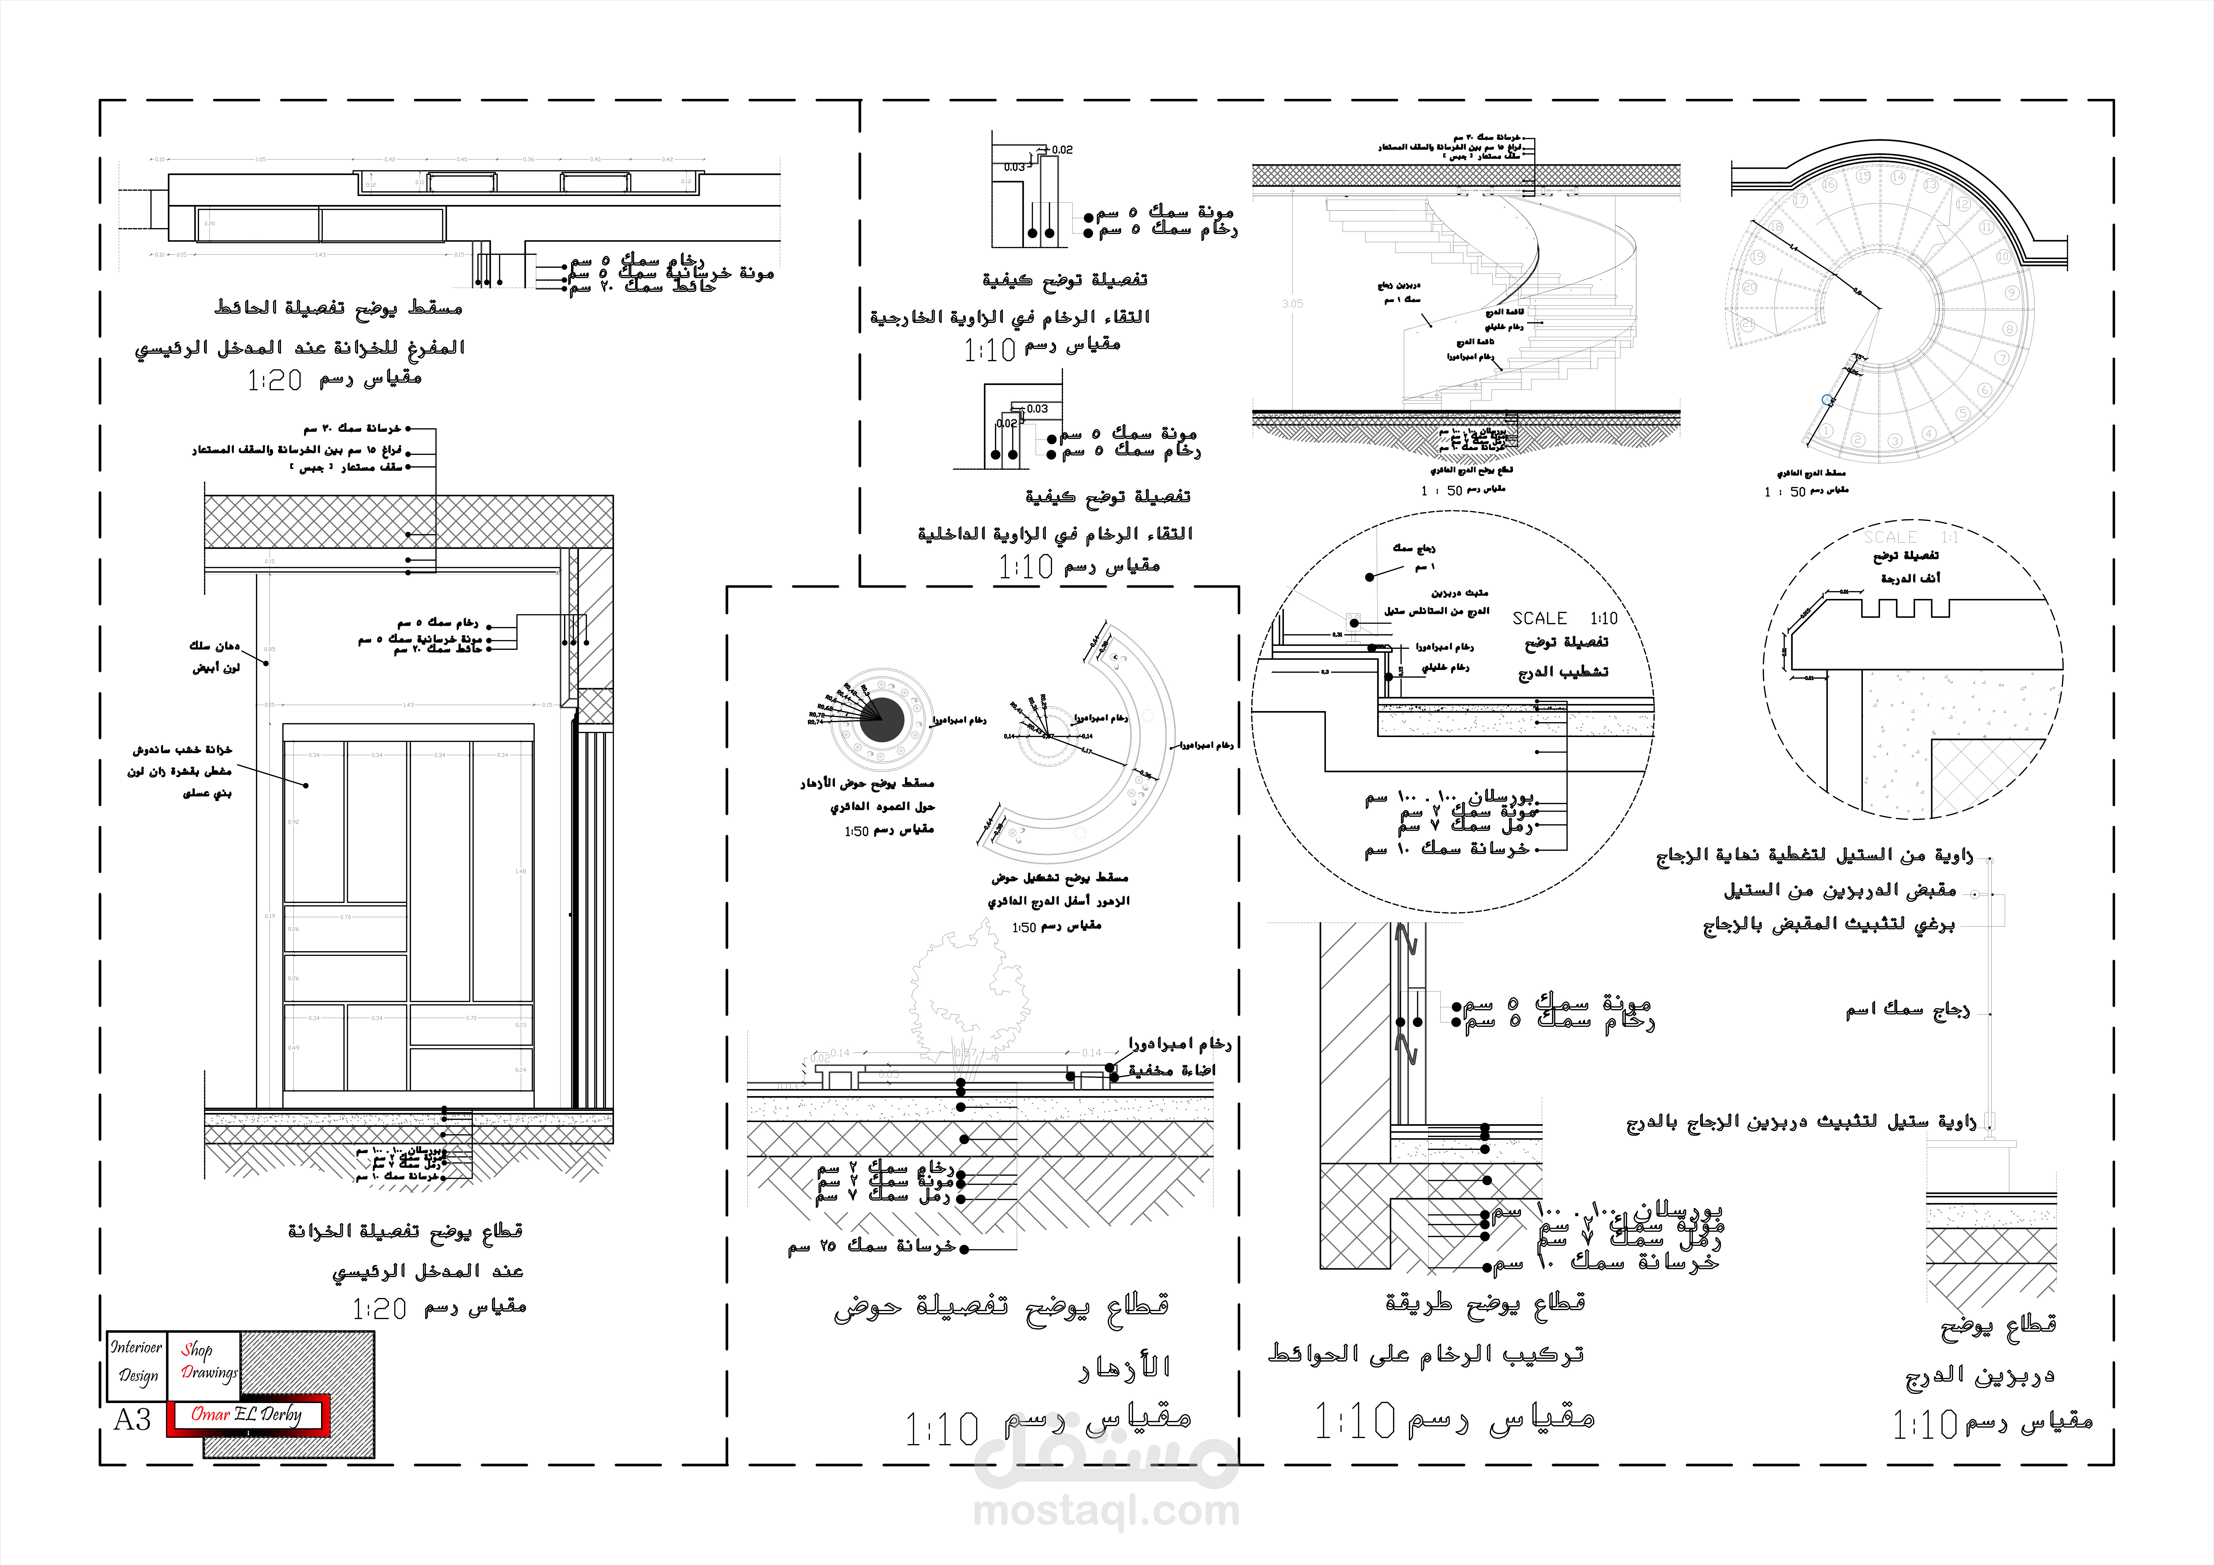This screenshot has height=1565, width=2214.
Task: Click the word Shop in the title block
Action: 197,1350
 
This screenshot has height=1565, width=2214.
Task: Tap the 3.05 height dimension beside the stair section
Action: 1292,304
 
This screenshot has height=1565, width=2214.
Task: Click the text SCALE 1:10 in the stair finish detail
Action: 1564,618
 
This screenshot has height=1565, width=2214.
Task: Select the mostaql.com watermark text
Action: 1106,1511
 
